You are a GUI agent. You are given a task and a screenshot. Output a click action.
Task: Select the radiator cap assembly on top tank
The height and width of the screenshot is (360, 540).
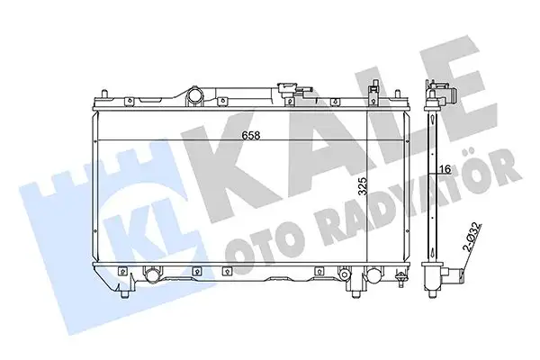coord(291,90)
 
